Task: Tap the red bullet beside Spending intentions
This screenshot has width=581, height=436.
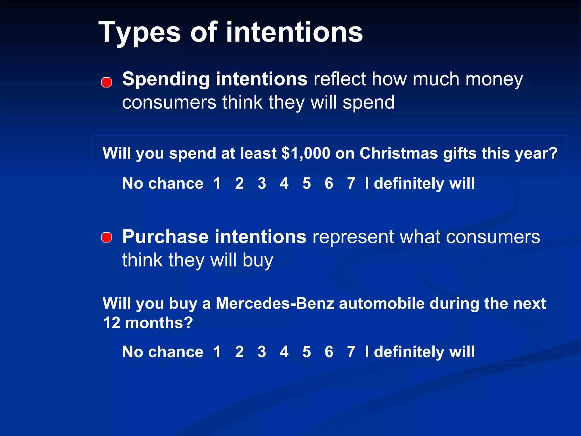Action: (106, 82)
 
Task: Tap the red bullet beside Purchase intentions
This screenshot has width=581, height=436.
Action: (106, 237)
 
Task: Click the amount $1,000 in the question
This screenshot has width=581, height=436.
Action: (306, 154)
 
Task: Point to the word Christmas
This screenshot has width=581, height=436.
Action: (399, 154)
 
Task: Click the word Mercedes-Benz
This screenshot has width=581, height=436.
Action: (275, 303)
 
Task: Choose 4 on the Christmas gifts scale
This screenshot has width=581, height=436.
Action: (284, 183)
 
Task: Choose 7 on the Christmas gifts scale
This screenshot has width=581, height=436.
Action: (351, 183)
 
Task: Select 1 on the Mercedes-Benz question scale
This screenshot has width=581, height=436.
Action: (217, 352)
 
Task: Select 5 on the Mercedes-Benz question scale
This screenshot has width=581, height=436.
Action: (306, 352)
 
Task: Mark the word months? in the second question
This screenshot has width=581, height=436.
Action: (159, 323)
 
